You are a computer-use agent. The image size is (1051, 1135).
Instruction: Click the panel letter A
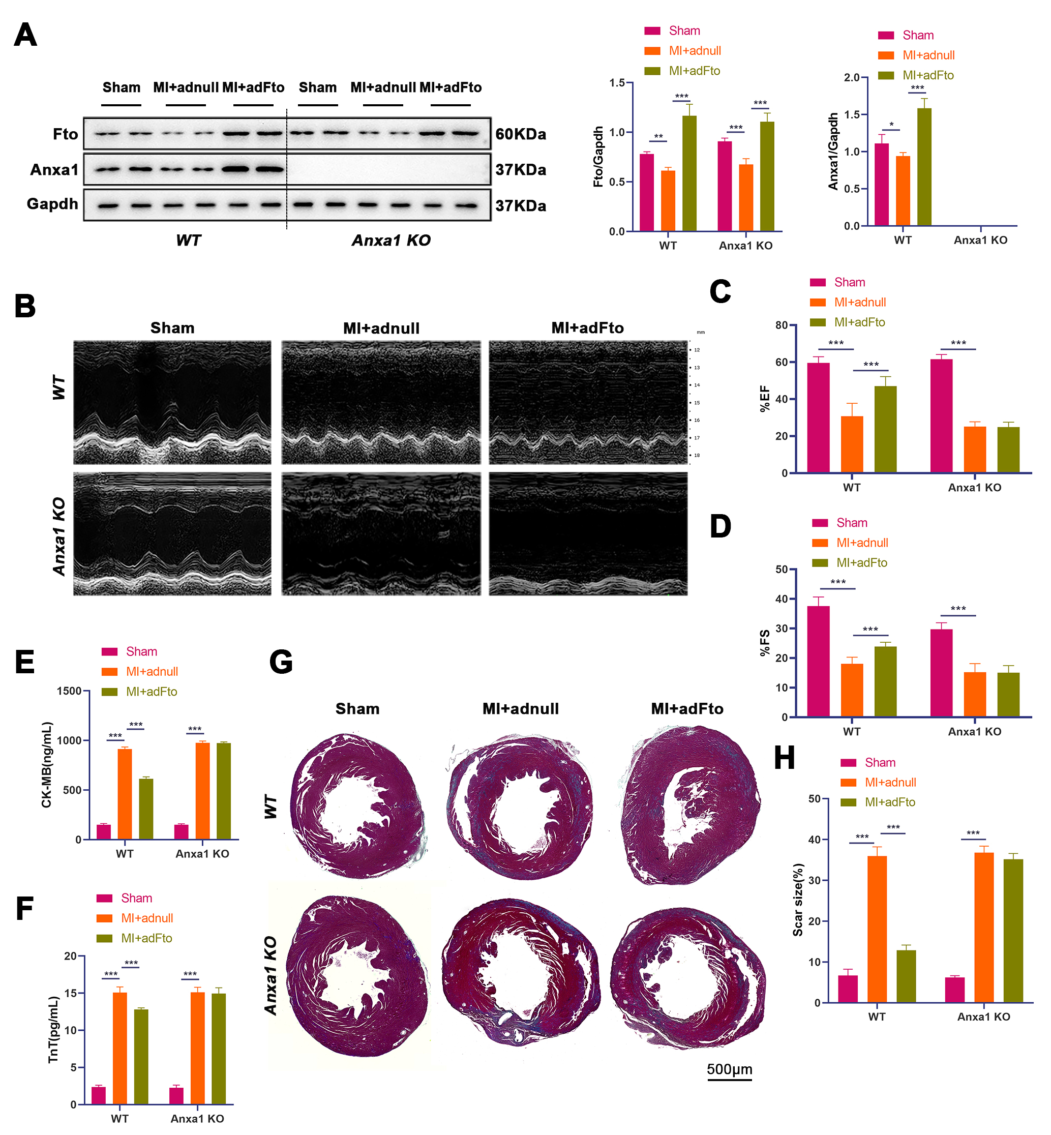pyautogui.click(x=25, y=35)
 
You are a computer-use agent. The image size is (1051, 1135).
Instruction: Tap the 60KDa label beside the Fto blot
pyautogui.click(x=520, y=134)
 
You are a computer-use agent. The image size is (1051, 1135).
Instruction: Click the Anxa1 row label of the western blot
pyautogui.click(x=54, y=169)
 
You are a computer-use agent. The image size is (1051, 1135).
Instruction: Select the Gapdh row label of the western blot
pyautogui.click(x=52, y=203)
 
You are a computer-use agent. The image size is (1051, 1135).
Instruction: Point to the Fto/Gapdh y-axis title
pyautogui.click(x=598, y=157)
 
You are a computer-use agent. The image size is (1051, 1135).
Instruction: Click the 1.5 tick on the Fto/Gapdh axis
pyautogui.click(x=617, y=83)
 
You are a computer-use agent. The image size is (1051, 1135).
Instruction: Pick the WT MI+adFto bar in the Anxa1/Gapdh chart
pyautogui.click(x=923, y=167)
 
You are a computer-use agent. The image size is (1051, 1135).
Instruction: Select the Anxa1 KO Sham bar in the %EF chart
pyautogui.click(x=941, y=416)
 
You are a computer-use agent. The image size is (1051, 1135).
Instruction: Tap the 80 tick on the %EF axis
pyautogui.click(x=782, y=325)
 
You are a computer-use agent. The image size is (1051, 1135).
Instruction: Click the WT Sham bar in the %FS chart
pyautogui.click(x=818, y=662)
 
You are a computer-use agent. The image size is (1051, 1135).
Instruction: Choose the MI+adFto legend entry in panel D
pyautogui.click(x=861, y=563)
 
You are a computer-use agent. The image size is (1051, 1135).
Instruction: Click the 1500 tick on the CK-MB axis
pyautogui.click(x=69, y=691)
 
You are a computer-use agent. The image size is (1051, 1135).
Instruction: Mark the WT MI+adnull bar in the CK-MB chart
pyautogui.click(x=125, y=794)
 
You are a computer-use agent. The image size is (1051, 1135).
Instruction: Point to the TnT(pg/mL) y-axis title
pyautogui.click(x=53, y=1030)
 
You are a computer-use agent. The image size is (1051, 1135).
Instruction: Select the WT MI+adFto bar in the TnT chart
pyautogui.click(x=140, y=1057)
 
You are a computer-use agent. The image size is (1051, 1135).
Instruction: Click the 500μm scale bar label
pyautogui.click(x=729, y=1069)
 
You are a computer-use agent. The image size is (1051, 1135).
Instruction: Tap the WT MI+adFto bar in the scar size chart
pyautogui.click(x=906, y=976)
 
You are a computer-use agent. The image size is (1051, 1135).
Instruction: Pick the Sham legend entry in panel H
pyautogui.click(x=879, y=763)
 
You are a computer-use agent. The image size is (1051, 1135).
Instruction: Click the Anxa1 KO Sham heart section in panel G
pyautogui.click(x=357, y=976)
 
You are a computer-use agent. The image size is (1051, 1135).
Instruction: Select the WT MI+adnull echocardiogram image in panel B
pyautogui.click(x=381, y=403)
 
